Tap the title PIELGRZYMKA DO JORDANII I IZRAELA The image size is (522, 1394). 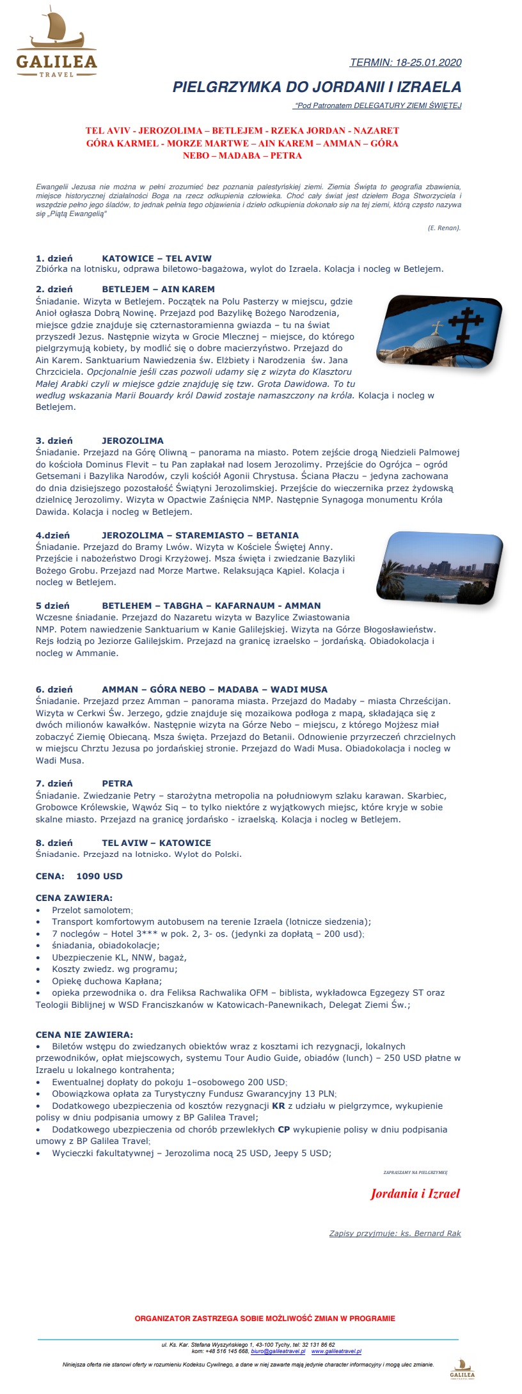coord(317,87)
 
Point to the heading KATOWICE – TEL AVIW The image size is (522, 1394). coord(157,258)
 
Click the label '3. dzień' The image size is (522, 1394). coord(54,441)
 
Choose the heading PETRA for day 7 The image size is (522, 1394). coord(117,783)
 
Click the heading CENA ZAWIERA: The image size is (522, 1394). coord(74,898)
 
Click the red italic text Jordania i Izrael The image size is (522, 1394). coord(415,1193)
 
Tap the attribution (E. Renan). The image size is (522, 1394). coord(444,228)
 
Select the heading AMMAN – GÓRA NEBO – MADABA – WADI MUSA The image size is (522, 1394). coord(214,689)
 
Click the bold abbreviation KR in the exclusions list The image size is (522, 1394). coord(278,1106)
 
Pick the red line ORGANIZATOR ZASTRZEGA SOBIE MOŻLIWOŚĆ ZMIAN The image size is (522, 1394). coord(265,1318)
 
